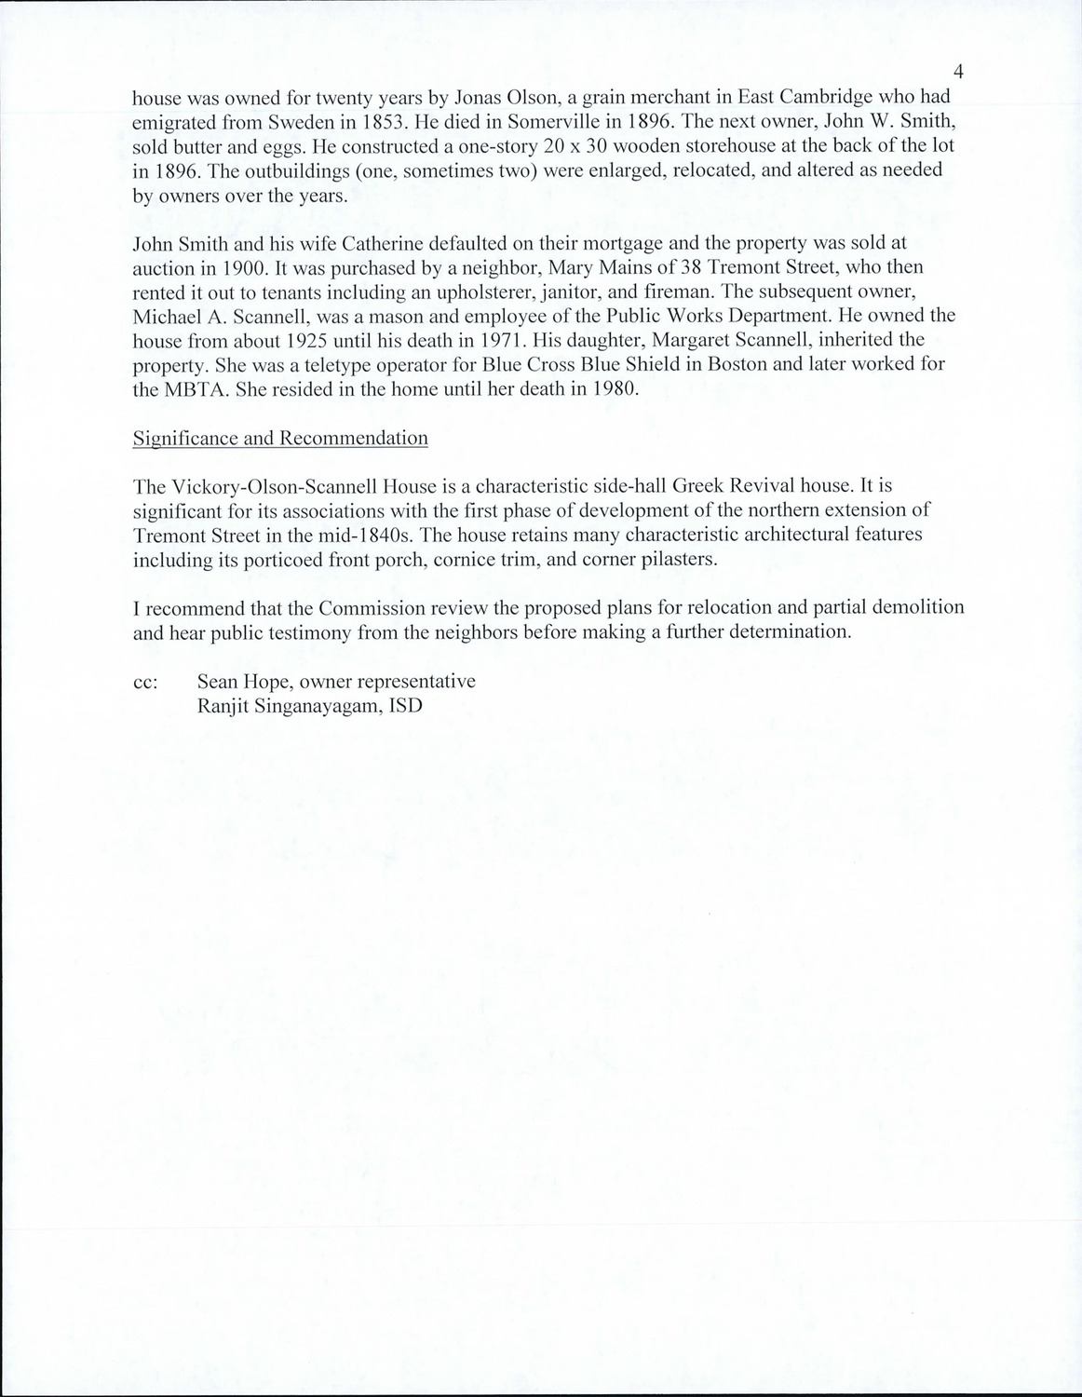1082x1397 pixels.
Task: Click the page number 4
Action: point(958,73)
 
